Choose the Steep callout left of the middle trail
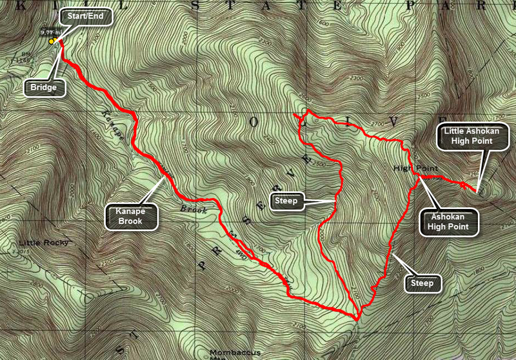[x=286, y=201]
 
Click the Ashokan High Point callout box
[x=451, y=221]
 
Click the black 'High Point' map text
[x=416, y=168]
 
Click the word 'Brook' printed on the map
[x=192, y=209]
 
